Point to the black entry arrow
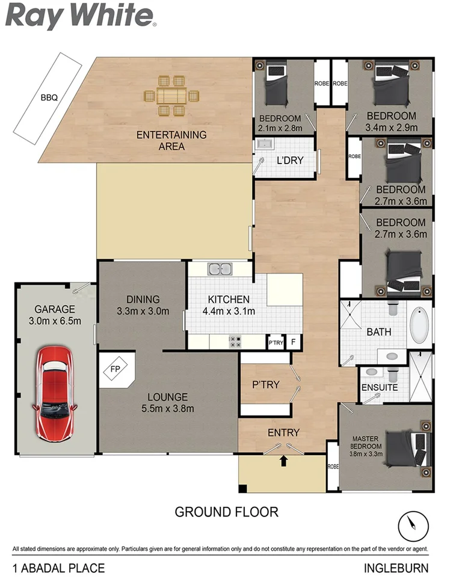(x=284, y=461)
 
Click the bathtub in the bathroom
(x=419, y=325)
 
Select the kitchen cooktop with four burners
(x=235, y=342)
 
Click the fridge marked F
(x=293, y=342)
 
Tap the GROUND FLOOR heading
(x=226, y=512)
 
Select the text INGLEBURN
(x=396, y=568)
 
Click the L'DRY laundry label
(x=289, y=161)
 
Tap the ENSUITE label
(x=380, y=387)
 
